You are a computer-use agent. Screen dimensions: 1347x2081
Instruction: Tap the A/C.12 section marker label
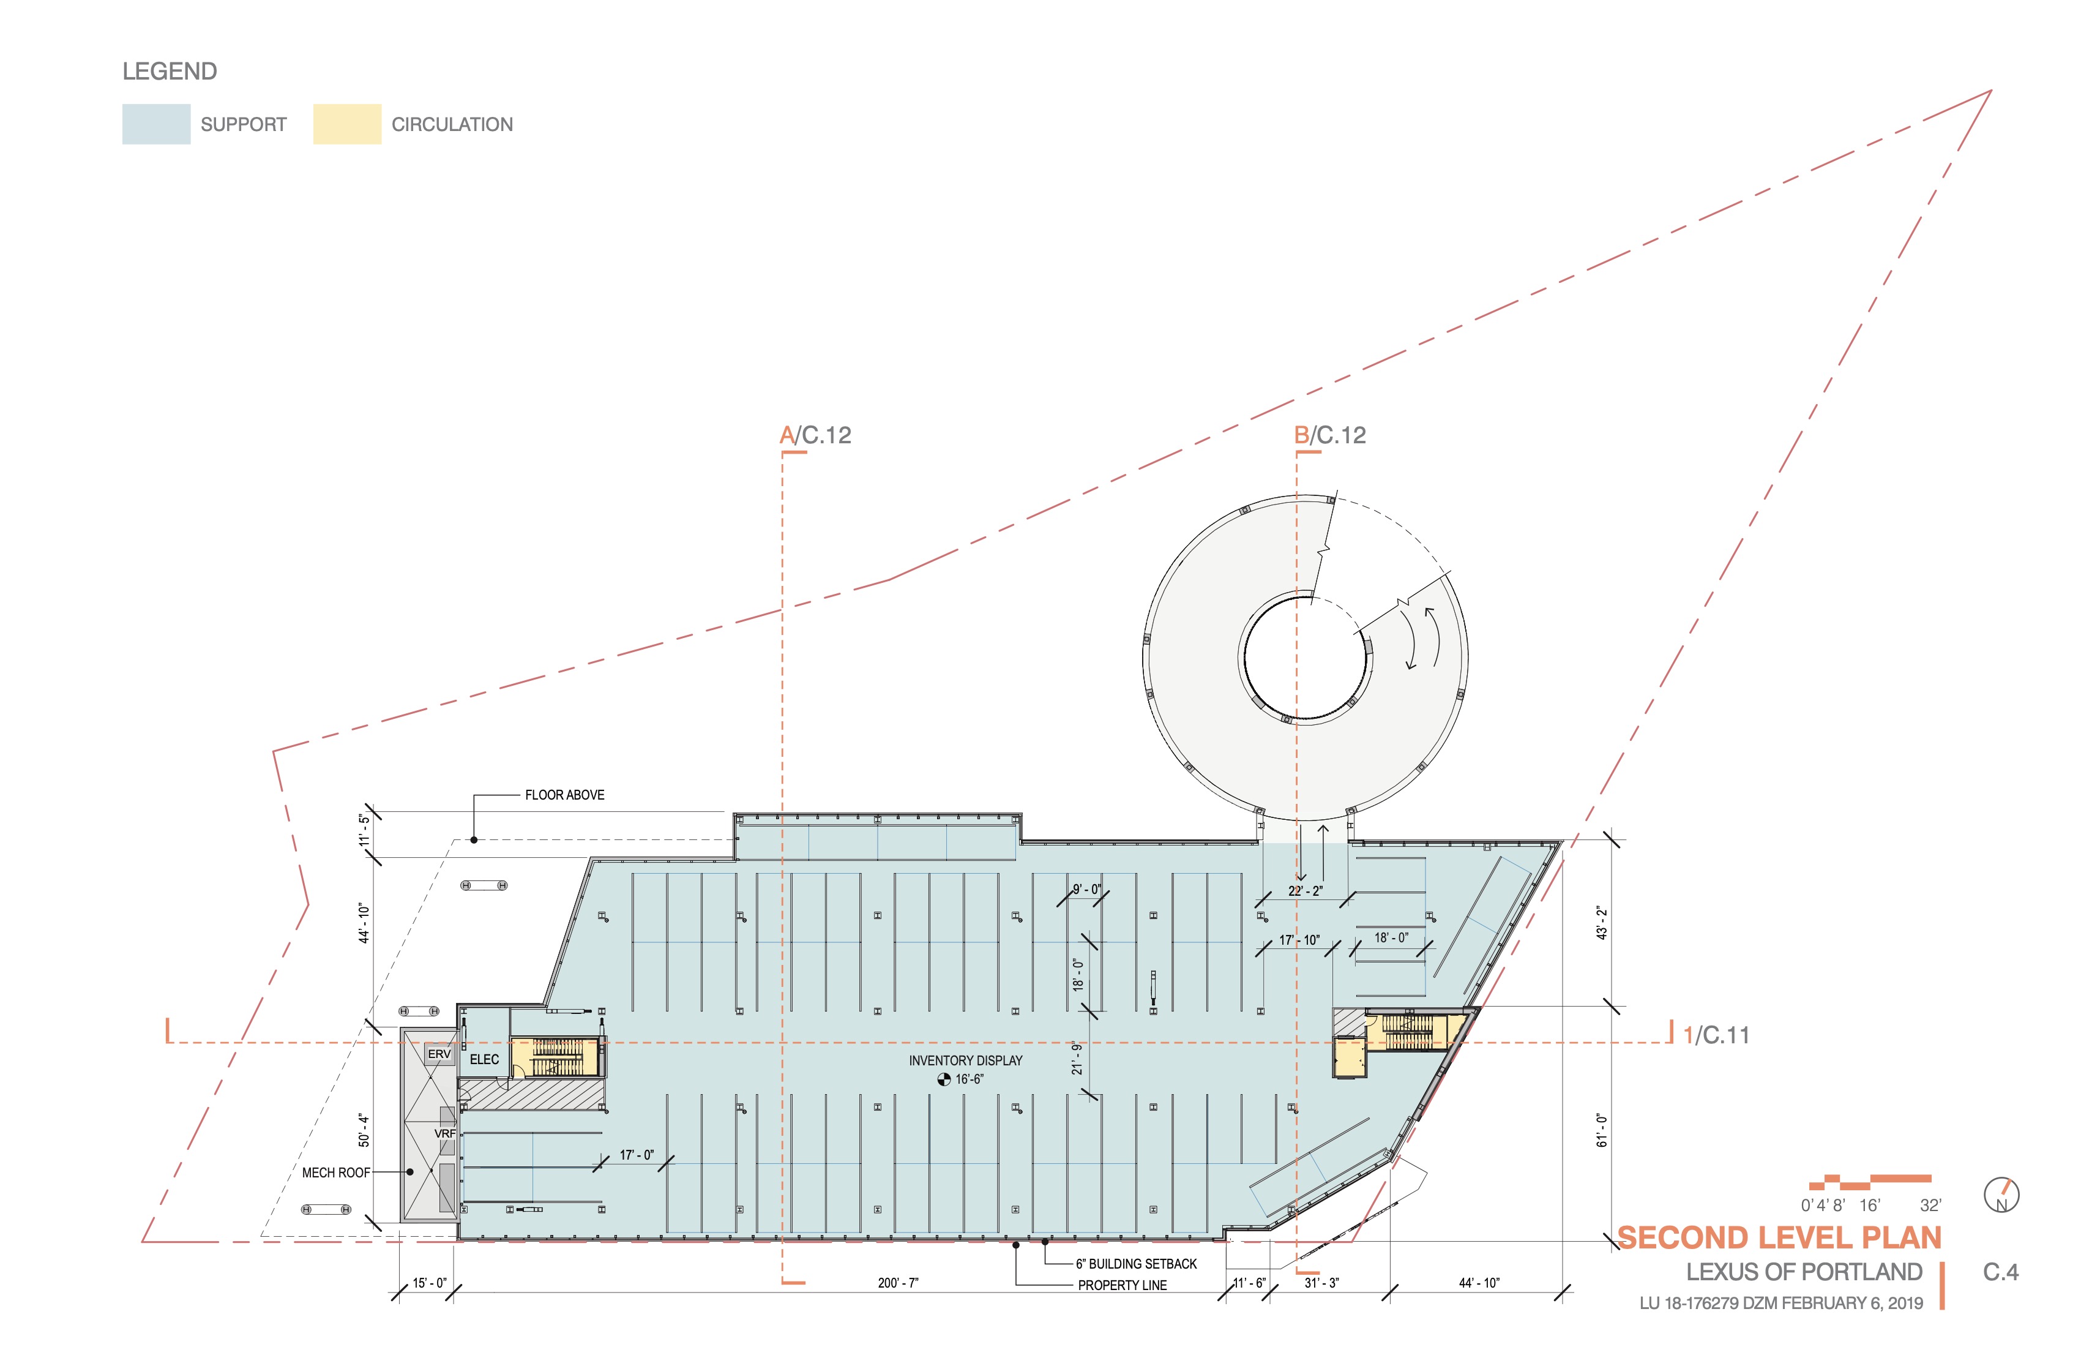[x=815, y=435]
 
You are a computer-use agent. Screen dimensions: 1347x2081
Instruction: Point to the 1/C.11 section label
[x=1716, y=1035]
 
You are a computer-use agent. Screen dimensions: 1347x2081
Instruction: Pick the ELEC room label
[x=484, y=1059]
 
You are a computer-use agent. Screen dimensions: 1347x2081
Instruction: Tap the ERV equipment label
[x=439, y=1054]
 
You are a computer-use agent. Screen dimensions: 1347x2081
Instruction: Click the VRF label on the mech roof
[x=445, y=1133]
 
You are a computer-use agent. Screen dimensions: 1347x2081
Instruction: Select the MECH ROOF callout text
[x=336, y=1173]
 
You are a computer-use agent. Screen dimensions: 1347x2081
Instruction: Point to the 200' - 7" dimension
[x=898, y=1283]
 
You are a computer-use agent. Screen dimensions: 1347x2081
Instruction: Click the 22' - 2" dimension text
[x=1304, y=891]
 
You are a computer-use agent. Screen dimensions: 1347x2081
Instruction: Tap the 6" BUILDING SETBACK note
[x=1136, y=1264]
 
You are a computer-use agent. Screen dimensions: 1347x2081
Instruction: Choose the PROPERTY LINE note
[x=1122, y=1285]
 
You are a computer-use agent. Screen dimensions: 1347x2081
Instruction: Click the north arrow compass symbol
[x=2001, y=1195]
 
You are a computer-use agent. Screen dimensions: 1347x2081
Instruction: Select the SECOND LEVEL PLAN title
[x=1779, y=1237]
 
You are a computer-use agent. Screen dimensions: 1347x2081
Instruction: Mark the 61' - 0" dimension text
[x=1602, y=1130]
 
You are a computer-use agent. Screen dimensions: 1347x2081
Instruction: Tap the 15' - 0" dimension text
[x=429, y=1283]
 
